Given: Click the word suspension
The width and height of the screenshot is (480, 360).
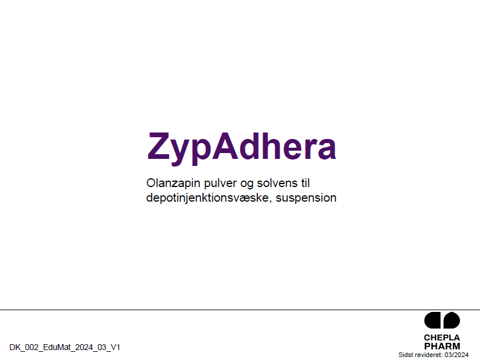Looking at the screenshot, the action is point(306,198).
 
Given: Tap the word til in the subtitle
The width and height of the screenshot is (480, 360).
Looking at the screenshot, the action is point(305,183).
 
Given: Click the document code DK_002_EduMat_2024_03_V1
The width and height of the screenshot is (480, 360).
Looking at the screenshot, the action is point(65,348).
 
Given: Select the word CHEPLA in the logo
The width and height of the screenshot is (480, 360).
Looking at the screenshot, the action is point(442,338).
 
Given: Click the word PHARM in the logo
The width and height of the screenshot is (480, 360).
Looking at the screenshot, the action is point(442,347).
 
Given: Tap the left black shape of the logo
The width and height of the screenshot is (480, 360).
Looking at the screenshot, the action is point(433,320).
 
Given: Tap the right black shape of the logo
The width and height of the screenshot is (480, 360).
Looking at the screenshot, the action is point(452,320).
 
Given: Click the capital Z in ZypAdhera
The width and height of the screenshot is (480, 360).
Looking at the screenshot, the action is point(159,146).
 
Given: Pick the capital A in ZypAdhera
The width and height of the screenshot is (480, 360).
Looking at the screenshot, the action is point(225,146).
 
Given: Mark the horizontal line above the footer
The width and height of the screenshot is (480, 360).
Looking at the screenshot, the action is point(240,310).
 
